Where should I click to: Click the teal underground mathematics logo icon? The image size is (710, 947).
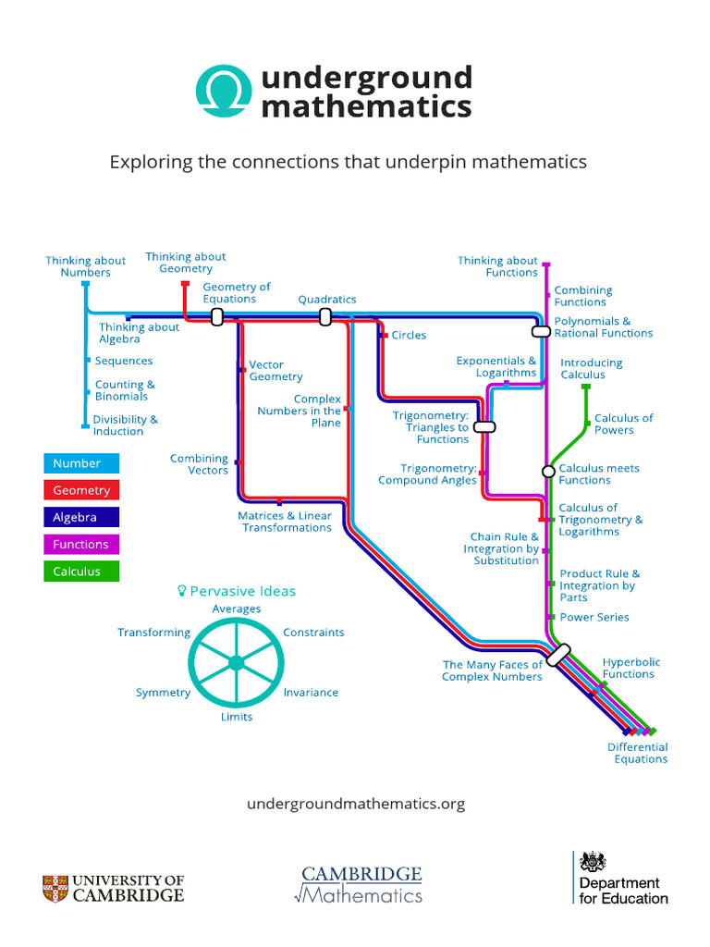click(222, 91)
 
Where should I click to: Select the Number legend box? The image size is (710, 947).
click(81, 463)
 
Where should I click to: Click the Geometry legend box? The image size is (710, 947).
click(81, 490)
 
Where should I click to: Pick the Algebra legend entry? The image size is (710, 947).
click(81, 517)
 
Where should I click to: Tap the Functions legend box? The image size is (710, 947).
click(81, 545)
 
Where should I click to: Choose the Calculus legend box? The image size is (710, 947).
click(81, 572)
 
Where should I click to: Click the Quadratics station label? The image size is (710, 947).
click(326, 300)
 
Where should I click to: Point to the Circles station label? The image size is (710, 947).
click(409, 335)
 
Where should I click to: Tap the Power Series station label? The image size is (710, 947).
click(594, 617)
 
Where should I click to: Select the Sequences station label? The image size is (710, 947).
click(124, 361)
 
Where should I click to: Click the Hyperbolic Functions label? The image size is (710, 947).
click(631, 668)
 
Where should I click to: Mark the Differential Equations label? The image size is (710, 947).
click(637, 753)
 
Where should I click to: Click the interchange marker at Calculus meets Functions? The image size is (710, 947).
click(548, 472)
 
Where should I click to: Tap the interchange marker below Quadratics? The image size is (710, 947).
click(325, 317)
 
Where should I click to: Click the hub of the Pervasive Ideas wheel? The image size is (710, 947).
click(236, 662)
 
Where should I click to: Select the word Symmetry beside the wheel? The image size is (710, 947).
click(163, 693)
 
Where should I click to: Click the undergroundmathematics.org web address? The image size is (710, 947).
click(356, 804)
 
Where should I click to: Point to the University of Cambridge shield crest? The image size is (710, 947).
click(55, 889)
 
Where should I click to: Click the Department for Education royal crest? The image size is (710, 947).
click(593, 862)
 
